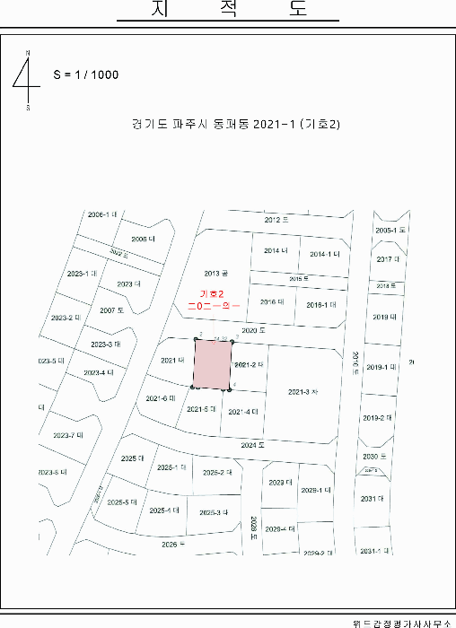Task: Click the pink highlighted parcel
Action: [x=213, y=363]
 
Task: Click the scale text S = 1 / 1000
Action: [x=86, y=74]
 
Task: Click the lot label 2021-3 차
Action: [x=303, y=392]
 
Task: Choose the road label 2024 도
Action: [x=255, y=445]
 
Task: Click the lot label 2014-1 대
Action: [x=325, y=254]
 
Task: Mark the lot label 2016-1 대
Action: [x=320, y=304]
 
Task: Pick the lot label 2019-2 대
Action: [x=378, y=418]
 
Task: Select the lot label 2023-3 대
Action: [x=106, y=345]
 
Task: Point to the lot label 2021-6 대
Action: [x=161, y=397]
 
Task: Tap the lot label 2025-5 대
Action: [x=122, y=502]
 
